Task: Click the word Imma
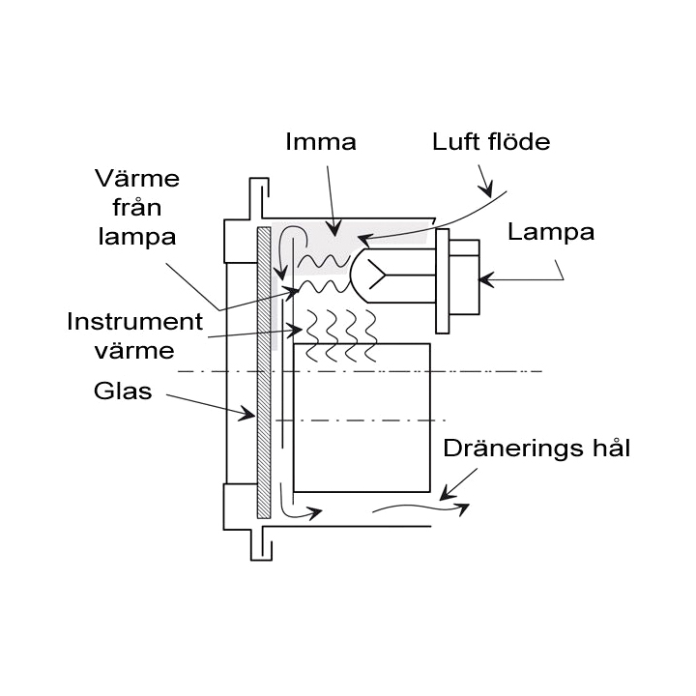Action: tap(321, 142)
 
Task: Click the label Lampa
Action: tap(551, 232)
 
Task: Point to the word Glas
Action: tap(123, 391)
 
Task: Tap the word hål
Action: tap(608, 449)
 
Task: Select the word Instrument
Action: tap(134, 322)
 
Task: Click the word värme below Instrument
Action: tap(134, 350)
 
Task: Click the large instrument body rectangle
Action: tap(362, 418)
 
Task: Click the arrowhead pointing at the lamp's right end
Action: tap(486, 280)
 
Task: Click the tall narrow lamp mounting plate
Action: tap(443, 278)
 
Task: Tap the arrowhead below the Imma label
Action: tap(333, 230)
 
